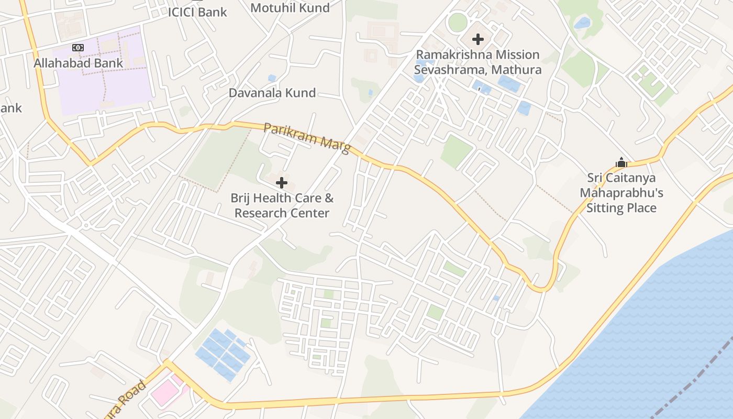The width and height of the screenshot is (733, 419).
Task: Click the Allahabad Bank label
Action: [79, 63]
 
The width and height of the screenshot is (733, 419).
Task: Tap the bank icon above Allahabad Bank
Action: [78, 48]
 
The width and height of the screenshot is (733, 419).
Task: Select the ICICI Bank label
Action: [198, 12]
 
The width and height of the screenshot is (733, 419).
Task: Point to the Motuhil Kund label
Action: [290, 8]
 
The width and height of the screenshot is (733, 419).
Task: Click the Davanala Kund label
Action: [272, 93]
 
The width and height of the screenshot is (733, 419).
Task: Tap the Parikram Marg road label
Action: [307, 138]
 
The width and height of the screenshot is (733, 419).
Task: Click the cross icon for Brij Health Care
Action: [282, 183]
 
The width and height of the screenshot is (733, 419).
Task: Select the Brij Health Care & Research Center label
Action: [282, 206]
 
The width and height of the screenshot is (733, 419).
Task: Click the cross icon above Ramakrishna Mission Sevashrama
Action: [477, 39]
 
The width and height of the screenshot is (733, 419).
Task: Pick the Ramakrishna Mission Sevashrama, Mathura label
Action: [477, 62]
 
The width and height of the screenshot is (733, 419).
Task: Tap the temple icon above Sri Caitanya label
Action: [621, 162]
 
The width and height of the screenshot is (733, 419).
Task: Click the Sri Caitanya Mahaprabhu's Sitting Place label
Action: [621, 193]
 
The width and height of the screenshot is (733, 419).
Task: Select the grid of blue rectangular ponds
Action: [223, 354]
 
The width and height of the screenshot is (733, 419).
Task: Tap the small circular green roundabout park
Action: [458, 23]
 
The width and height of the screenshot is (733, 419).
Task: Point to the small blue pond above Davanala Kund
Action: [272, 78]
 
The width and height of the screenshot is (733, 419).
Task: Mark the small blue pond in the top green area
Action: [582, 23]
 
